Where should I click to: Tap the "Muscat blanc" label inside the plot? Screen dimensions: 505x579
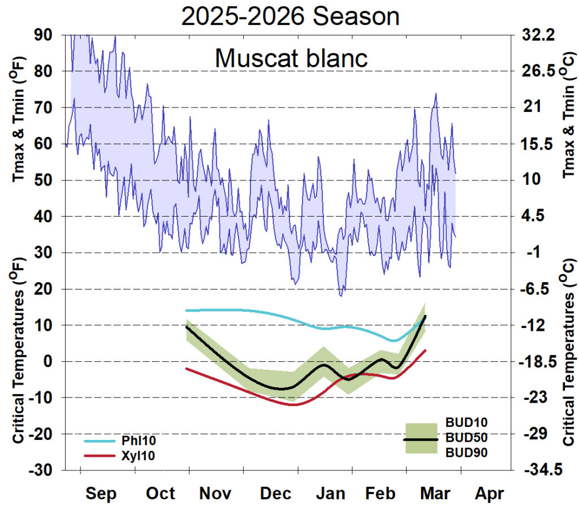point(291,58)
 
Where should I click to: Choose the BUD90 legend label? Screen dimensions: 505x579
point(466,452)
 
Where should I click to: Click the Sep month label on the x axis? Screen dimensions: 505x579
point(102,493)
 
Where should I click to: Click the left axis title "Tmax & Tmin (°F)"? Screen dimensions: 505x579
point(19,124)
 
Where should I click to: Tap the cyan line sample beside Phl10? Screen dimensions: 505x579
point(101,440)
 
